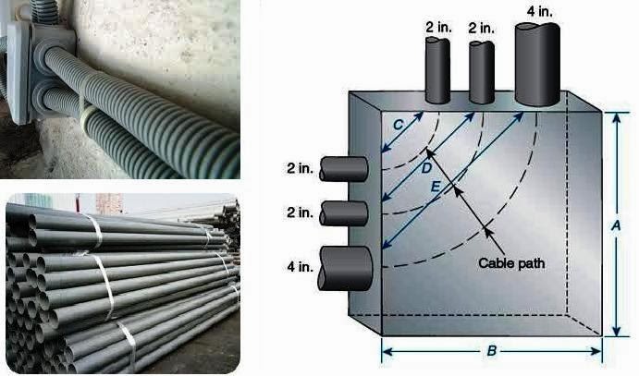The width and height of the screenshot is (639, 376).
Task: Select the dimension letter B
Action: pos(494,351)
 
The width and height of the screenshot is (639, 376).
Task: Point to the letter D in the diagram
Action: pos(426,169)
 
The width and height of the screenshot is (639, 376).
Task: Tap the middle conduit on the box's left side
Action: pos(348,213)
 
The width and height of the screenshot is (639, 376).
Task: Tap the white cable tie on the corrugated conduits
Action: pos(86,117)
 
